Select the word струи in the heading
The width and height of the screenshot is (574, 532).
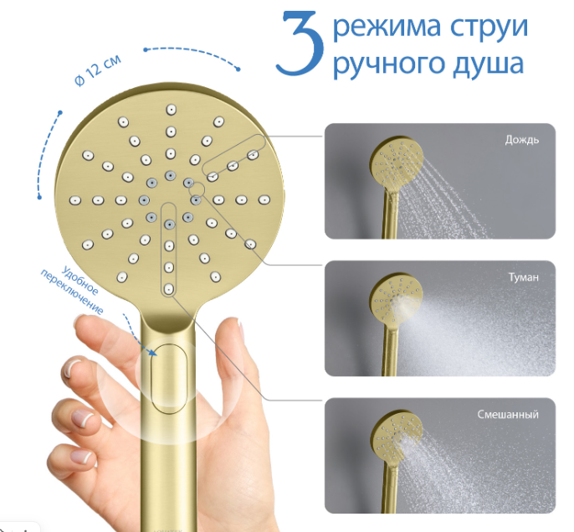point(489,27)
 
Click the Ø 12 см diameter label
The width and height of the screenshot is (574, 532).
point(97,71)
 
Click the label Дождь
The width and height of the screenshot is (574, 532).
point(521,140)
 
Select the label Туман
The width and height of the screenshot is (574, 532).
point(524,277)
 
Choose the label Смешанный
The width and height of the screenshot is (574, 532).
point(508,415)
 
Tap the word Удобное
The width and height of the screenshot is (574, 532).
point(80,281)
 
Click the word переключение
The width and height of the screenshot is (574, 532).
point(72,293)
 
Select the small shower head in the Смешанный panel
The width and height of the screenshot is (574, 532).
point(395,462)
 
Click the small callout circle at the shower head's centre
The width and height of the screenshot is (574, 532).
point(197,189)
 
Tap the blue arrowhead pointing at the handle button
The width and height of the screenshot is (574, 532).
point(153,352)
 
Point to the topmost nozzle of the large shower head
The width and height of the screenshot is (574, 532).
point(171,109)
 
